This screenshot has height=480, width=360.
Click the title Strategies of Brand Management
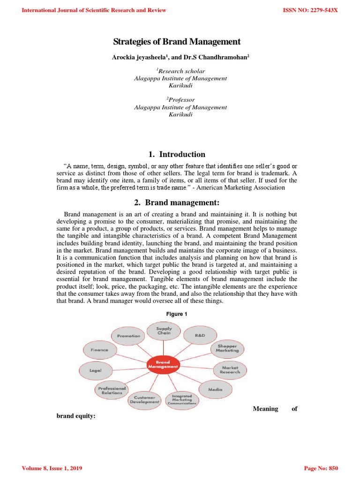[177, 42]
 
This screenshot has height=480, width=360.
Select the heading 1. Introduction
[177, 154]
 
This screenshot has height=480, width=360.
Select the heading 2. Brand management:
[177, 202]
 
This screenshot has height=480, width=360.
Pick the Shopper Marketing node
[227, 348]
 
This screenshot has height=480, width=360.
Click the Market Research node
[230, 370]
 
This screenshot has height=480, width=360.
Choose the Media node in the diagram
[216, 390]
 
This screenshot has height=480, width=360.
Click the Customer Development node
[144, 400]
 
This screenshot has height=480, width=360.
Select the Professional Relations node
[112, 390]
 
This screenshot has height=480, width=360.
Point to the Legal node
[96, 370]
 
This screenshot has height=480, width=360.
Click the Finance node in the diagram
[99, 350]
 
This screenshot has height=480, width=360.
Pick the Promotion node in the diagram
[128, 336]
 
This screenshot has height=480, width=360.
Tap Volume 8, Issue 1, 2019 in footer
[52, 468]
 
